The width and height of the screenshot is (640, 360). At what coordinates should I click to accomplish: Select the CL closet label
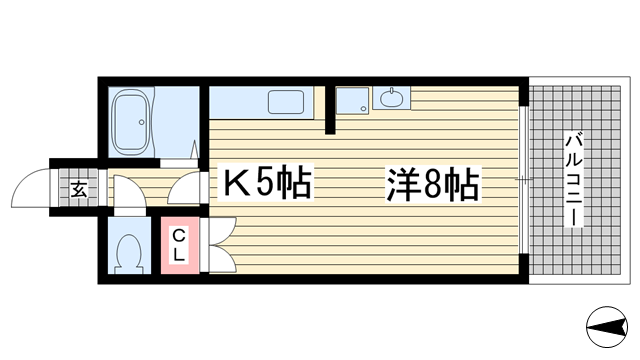point(177,245)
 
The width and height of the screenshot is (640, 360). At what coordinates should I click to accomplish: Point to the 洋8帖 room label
point(432,185)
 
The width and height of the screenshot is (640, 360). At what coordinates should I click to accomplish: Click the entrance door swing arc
point(28,187)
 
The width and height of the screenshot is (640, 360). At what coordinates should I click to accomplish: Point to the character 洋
point(400,185)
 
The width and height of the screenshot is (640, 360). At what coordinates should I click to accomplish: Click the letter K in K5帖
point(235,184)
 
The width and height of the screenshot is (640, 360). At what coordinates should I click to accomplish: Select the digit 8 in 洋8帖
point(432,186)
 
